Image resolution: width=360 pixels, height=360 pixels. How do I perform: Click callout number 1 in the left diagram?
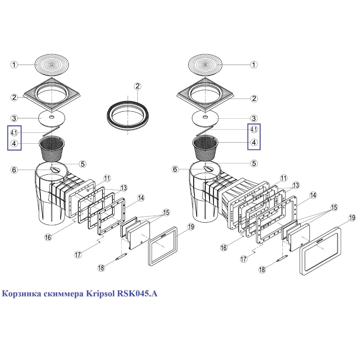tap(14, 65)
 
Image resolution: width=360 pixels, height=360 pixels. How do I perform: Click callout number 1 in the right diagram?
tap(254, 65)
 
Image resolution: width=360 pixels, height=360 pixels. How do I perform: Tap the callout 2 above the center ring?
tap(138, 86)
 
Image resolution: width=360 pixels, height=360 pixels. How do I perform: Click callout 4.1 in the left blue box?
tap(14, 132)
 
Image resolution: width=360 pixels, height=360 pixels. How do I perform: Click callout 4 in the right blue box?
tap(254, 142)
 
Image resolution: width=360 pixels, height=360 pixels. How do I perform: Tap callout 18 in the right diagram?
tap(262, 270)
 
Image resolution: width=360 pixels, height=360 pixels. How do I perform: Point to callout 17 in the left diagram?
tap(78, 255)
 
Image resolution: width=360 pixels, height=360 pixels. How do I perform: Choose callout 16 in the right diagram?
tap(224, 248)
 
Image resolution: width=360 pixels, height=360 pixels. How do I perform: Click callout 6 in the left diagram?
tap(14, 170)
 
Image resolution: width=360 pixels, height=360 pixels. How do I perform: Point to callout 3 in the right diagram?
tap(254, 118)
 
